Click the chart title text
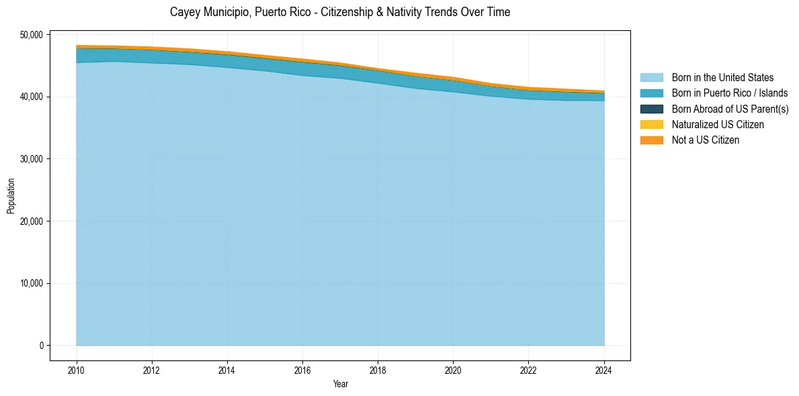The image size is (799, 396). (x=340, y=12)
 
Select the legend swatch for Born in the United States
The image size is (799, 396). (x=651, y=78)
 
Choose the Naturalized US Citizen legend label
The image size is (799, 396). (x=718, y=125)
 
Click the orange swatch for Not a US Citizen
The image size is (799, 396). (x=651, y=140)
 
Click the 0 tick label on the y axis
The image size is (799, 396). (x=41, y=346)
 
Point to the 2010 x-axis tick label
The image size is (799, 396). (x=77, y=368)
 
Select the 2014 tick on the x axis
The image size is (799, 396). (x=227, y=368)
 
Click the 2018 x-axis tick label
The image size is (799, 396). (x=378, y=368)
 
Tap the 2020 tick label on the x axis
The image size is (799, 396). (x=454, y=368)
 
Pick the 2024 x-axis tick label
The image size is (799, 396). (x=604, y=368)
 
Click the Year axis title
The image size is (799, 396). (x=341, y=384)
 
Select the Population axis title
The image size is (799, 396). (x=11, y=196)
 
